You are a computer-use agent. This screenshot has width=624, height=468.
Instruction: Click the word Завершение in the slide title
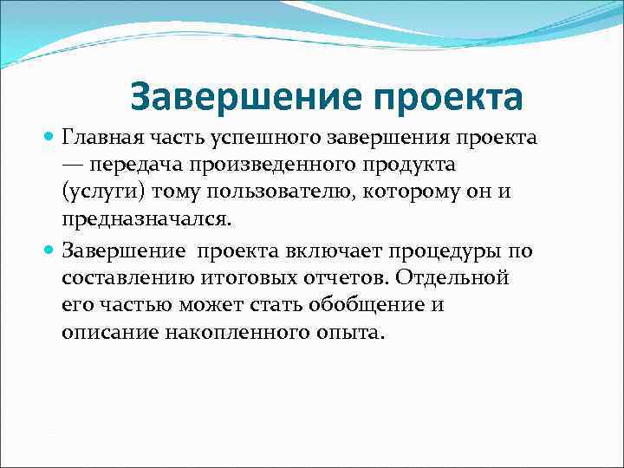(x=228, y=97)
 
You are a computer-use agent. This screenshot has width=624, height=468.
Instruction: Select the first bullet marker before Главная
(x=49, y=138)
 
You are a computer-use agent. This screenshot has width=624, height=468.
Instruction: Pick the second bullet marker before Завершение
(x=49, y=251)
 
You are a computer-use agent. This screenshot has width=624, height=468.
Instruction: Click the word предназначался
(x=146, y=219)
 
